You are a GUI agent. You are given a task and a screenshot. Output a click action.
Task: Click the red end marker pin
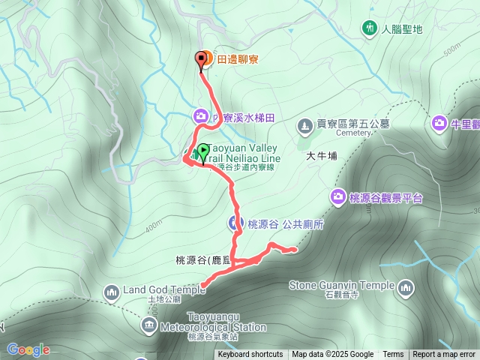point(201,59)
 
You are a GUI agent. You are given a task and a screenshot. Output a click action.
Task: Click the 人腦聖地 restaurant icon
point(368,29)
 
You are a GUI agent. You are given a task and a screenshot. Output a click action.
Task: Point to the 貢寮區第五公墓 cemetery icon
point(304,124)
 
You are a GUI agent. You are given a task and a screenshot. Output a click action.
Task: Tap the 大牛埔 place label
point(322,156)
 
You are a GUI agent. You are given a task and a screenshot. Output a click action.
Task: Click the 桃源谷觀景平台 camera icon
point(337,197)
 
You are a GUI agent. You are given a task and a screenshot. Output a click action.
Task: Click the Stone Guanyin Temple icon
point(406,286)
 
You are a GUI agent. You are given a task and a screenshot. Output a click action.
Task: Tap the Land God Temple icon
point(112,291)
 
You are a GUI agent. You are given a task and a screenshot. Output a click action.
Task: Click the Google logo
point(28,349)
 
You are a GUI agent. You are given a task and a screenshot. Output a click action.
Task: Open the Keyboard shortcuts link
point(250,355)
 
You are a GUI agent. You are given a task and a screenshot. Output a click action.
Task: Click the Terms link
point(393,355)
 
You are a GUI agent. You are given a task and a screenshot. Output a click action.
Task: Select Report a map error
point(445,355)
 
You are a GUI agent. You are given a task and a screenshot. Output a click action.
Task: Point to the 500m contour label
point(451,49)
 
